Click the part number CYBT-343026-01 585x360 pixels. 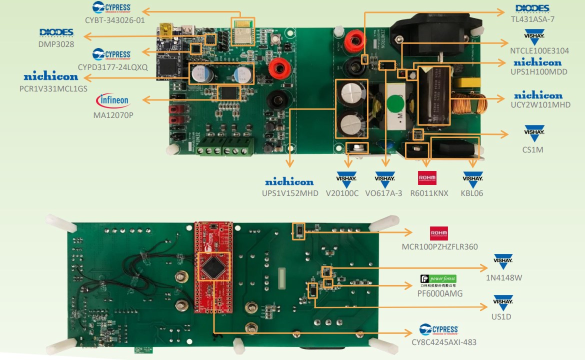115,20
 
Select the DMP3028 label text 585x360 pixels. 56,44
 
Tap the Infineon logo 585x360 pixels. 112,100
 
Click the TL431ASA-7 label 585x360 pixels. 532,20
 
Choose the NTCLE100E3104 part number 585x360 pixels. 539,51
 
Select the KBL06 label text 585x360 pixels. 472,193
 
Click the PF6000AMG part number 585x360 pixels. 439,293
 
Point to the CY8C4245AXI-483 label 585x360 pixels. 444,342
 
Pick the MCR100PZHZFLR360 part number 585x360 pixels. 439,247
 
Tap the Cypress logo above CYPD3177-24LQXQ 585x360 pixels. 111,53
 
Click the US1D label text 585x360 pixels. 501,317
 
